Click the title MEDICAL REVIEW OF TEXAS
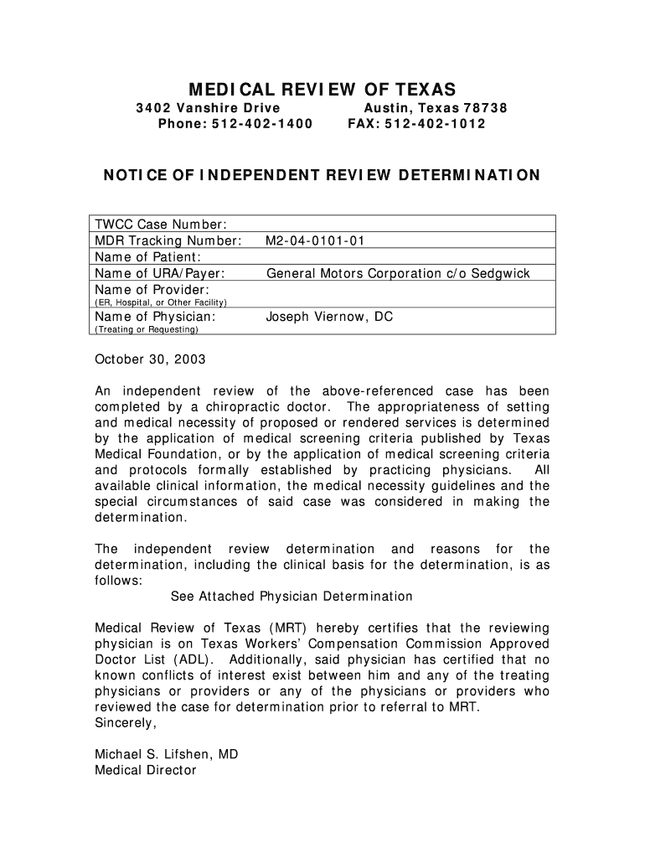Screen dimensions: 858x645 [322, 89]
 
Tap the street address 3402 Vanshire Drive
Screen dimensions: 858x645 [209, 109]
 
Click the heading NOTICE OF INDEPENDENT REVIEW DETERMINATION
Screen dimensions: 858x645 [322, 176]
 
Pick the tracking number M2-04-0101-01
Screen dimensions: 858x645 [316, 241]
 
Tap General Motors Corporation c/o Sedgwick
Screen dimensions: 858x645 [398, 273]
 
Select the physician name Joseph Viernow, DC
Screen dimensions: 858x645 [329, 317]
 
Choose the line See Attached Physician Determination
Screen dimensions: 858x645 [292, 597]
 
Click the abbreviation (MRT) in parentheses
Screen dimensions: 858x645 [290, 628]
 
